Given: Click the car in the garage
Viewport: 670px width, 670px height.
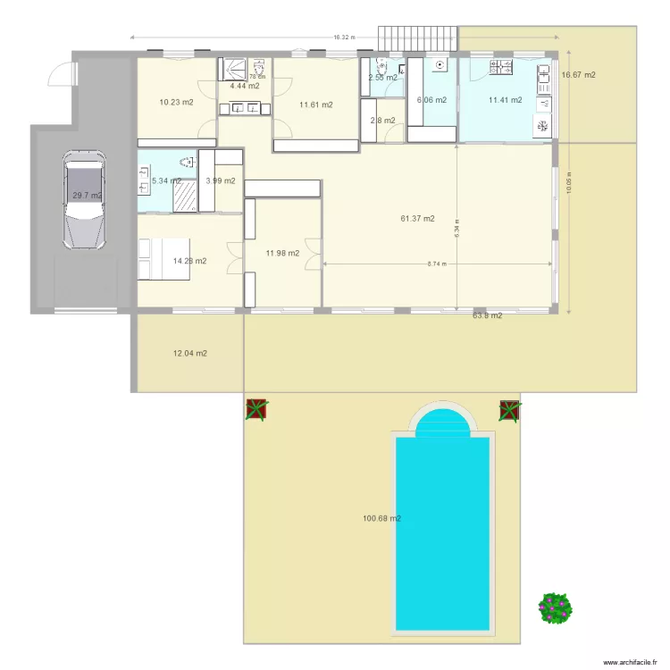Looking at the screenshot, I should pos(83,199).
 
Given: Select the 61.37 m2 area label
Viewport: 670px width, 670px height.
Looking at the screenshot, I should pos(417,218).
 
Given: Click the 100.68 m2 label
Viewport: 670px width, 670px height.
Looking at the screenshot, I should pos(381,518).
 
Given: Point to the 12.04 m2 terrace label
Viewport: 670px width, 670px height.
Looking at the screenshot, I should pos(189,354).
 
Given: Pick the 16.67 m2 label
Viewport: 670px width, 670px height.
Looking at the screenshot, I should pos(578,75).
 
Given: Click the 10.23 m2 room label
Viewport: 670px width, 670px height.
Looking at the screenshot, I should pos(176,102).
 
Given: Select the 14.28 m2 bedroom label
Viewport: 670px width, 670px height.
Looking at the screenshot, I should pos(189,261).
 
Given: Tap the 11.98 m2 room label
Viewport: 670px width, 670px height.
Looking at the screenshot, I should pos(282,253).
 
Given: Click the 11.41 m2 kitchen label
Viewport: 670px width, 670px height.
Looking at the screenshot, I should pos(505,100).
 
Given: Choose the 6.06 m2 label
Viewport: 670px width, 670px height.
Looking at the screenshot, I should pos(431,100).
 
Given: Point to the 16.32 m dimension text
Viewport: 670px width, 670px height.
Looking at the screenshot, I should pos(344,38).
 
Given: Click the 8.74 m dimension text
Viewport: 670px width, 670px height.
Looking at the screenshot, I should pos(435,264).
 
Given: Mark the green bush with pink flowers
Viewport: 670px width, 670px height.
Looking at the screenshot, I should pos(555,608).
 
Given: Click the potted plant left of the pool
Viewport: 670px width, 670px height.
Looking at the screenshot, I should pos(257,409).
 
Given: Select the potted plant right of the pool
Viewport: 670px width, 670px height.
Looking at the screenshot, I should pos(509,410).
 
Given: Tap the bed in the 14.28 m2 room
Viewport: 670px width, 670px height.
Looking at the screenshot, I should pos(163,259).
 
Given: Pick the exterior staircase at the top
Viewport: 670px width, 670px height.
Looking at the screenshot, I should pos(418,39).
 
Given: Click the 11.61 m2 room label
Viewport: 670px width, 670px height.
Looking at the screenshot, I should pos(316,105).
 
